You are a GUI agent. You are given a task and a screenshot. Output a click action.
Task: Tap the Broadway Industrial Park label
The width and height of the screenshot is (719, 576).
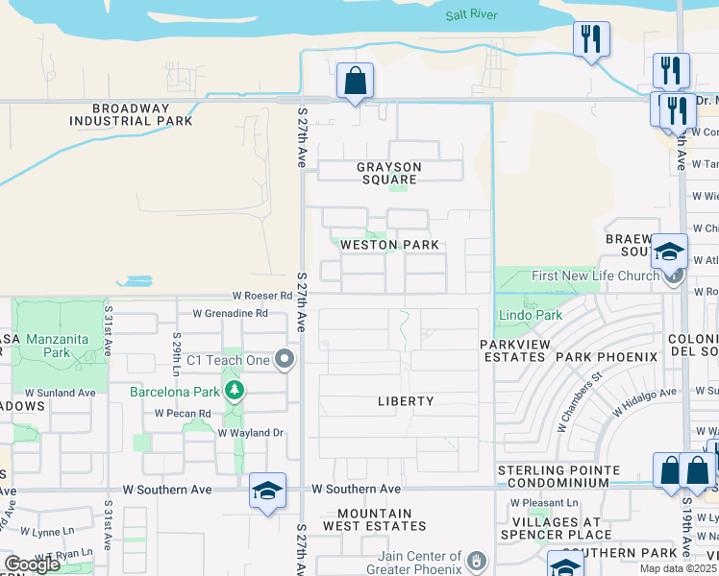(131, 115)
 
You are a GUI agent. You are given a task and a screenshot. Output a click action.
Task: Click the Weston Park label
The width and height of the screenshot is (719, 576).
(390, 245)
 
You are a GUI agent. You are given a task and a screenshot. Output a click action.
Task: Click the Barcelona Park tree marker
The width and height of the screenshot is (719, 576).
(234, 390)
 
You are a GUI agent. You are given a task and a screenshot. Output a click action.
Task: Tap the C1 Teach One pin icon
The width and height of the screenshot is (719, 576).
(284, 360)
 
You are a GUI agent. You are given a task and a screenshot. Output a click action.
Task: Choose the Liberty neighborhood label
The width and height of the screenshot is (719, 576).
(405, 401)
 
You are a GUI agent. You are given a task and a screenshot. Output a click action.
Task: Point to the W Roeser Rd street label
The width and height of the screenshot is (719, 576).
(260, 297)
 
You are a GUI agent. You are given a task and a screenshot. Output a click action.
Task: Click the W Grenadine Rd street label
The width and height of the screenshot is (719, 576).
(230, 313)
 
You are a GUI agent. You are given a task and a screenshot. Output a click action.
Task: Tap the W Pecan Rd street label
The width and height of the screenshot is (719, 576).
(185, 414)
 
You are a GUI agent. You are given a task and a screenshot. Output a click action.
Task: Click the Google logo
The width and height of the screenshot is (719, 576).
(31, 564)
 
